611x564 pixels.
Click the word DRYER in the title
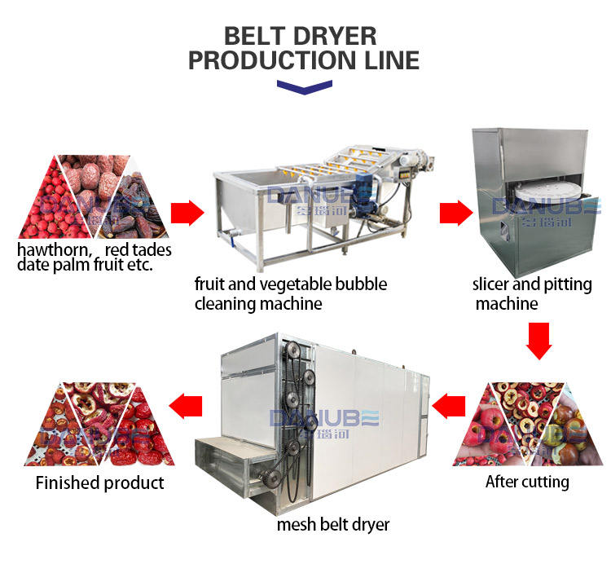[x=336, y=37]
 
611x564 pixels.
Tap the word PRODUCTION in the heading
[x=270, y=61]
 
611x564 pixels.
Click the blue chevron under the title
[x=305, y=87]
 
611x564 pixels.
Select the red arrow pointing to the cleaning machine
[x=187, y=214]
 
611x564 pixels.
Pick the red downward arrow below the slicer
[x=538, y=339]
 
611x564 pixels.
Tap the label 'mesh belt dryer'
[x=334, y=524]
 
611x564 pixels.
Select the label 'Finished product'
[x=99, y=482]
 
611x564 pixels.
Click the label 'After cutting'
[x=527, y=482]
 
